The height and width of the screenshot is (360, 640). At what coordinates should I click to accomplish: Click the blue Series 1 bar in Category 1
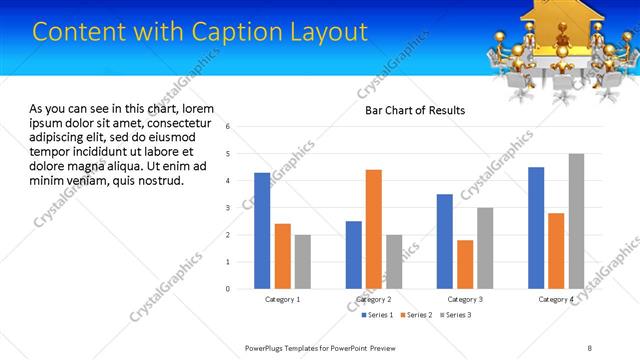262,231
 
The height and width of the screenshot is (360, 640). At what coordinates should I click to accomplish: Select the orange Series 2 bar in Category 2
374,229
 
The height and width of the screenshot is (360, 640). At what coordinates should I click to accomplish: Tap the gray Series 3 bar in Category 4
576,221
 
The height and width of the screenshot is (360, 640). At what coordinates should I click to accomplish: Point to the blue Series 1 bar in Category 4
536,228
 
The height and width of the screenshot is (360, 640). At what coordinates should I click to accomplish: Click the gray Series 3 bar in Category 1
302,262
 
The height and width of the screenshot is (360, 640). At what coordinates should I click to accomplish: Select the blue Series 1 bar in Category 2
354,255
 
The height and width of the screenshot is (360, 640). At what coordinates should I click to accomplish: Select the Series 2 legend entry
418,315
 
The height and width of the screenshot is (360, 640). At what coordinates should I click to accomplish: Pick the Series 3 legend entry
455,315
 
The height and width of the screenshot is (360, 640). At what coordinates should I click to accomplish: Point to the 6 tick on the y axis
228,127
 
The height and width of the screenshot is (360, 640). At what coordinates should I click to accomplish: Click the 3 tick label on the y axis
228,208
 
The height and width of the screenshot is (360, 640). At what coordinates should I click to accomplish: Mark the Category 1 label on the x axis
282,299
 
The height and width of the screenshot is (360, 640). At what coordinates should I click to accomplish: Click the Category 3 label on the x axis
465,299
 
